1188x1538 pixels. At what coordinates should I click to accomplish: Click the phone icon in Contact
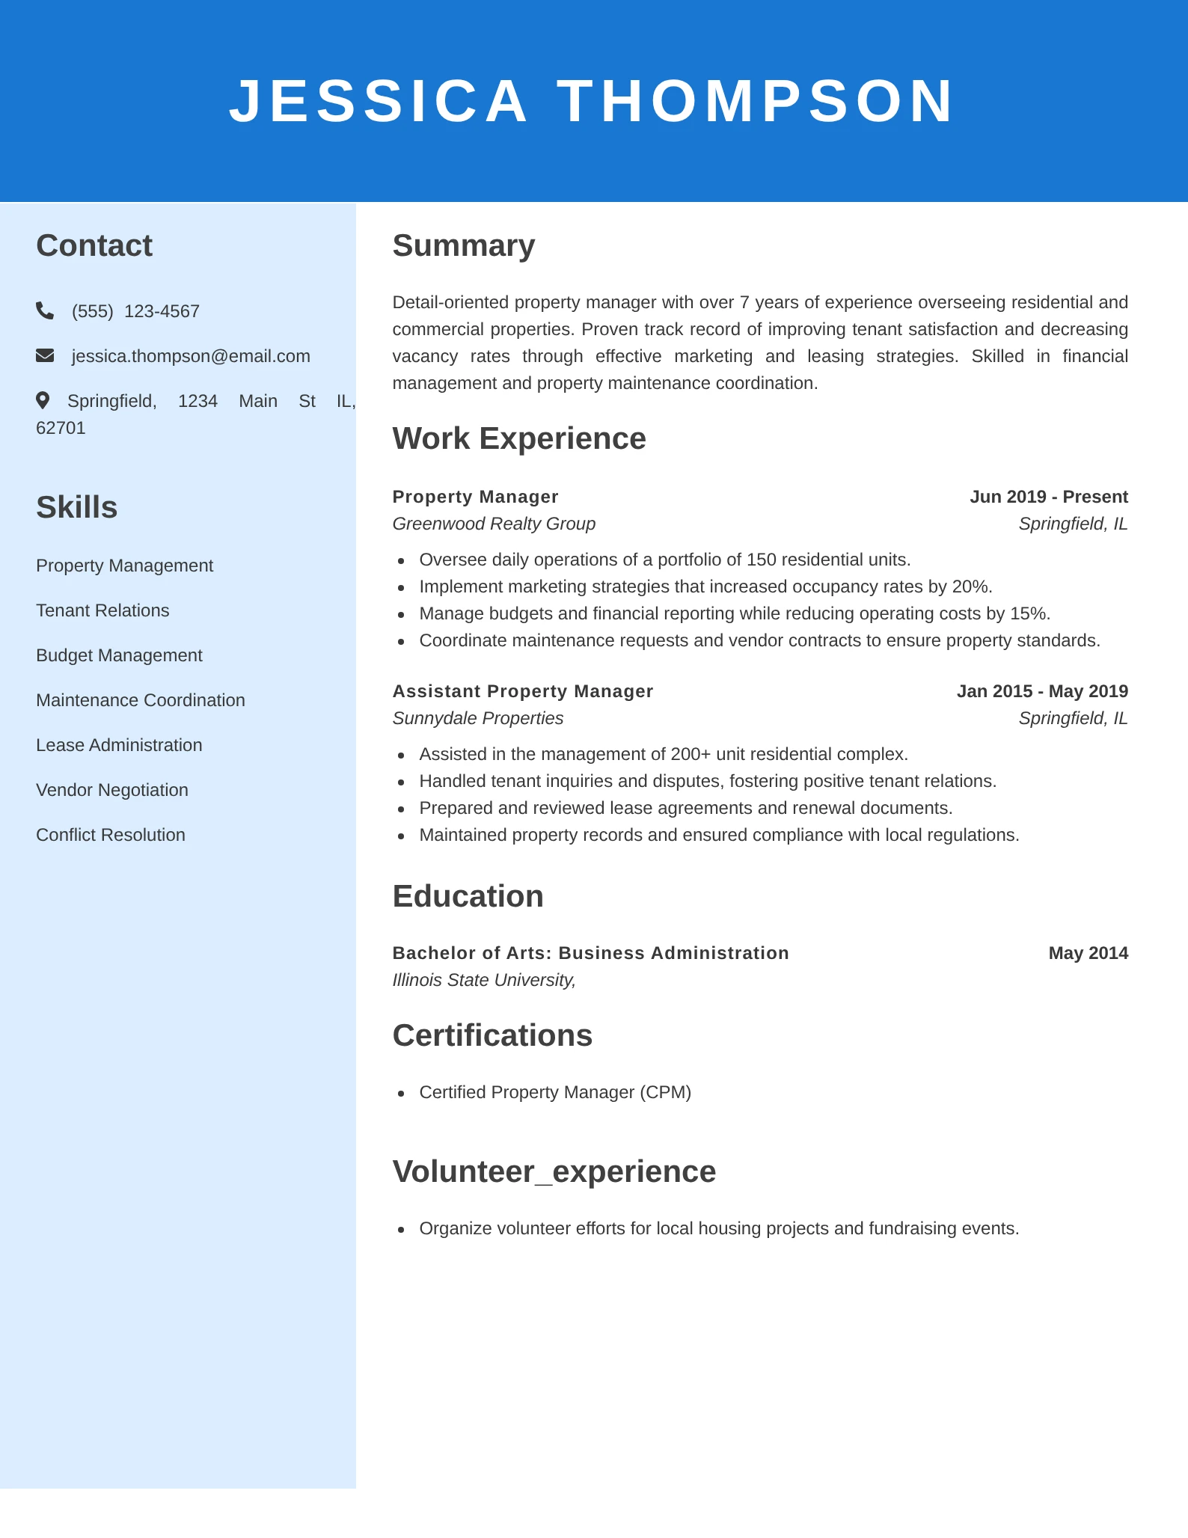[x=45, y=310]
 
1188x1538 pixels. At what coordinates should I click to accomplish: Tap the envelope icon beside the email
[x=45, y=355]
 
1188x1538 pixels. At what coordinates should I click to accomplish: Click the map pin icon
[x=43, y=400]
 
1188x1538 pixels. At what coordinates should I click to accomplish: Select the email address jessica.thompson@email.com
[x=191, y=356]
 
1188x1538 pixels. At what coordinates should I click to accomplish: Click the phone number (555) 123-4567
[x=135, y=311]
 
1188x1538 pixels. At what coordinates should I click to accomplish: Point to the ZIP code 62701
[x=61, y=428]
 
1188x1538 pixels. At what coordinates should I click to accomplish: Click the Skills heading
[x=77, y=507]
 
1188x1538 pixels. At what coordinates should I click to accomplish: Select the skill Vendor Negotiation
[x=112, y=790]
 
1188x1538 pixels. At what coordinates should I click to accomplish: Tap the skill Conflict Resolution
[x=111, y=835]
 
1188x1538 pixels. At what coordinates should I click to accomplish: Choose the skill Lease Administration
[x=119, y=745]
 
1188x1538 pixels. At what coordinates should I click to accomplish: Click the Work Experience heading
[x=519, y=438]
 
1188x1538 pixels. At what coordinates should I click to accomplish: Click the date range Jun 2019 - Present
[x=1049, y=497]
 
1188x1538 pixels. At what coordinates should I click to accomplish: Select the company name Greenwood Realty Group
[x=494, y=524]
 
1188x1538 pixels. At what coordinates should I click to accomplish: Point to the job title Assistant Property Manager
[x=523, y=691]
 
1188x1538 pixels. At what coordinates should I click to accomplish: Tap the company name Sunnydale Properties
[x=478, y=718]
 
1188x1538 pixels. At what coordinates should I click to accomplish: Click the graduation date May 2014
[x=1088, y=953]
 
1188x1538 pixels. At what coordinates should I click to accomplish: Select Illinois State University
[x=483, y=980]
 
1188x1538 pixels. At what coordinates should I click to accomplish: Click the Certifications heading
[x=492, y=1035]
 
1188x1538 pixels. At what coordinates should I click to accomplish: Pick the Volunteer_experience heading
[x=554, y=1171]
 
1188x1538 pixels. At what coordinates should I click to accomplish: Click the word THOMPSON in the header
[x=756, y=101]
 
